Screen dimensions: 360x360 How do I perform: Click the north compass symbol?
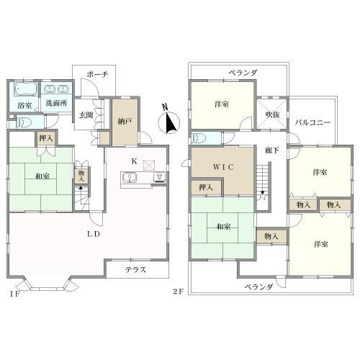pos(168,120)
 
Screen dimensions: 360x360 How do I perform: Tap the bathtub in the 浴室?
pos(26,89)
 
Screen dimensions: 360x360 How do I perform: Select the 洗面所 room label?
pos(56,103)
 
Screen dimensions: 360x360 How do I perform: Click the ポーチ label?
pos(97,74)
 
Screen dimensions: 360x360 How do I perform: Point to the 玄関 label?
pos(86,115)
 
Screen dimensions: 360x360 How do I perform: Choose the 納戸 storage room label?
pos(125,122)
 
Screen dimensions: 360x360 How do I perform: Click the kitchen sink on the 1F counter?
pos(130,178)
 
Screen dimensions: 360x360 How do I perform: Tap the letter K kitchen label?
pos(135,161)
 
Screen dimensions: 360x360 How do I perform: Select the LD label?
pos(94,234)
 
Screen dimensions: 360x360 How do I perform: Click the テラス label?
pos(135,270)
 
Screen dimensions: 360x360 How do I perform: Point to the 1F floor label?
pos(14,294)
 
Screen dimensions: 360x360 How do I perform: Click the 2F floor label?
pos(179,292)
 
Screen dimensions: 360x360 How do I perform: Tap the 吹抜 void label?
pos(272,114)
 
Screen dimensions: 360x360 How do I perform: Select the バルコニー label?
pos(312,122)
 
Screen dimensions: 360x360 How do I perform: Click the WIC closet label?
pos(223,167)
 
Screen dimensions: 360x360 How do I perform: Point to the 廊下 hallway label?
pos(272,150)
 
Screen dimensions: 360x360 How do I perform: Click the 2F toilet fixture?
pos(199,138)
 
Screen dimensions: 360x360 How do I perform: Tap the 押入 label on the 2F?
pos(206,187)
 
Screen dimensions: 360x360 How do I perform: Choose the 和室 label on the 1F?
pos(42,176)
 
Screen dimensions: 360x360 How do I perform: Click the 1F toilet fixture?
pos(24,122)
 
